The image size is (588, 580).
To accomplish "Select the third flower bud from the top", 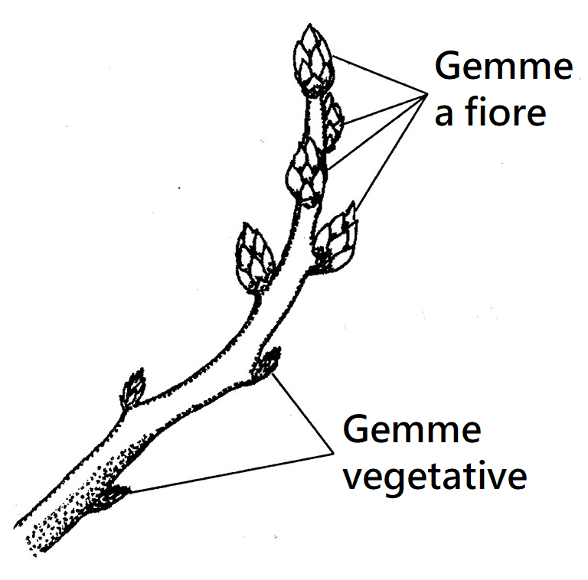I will click(306, 173).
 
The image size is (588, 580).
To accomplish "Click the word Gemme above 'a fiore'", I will click(503, 67).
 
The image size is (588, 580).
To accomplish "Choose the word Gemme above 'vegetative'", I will click(412, 431).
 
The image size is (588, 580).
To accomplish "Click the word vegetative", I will click(434, 476).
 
